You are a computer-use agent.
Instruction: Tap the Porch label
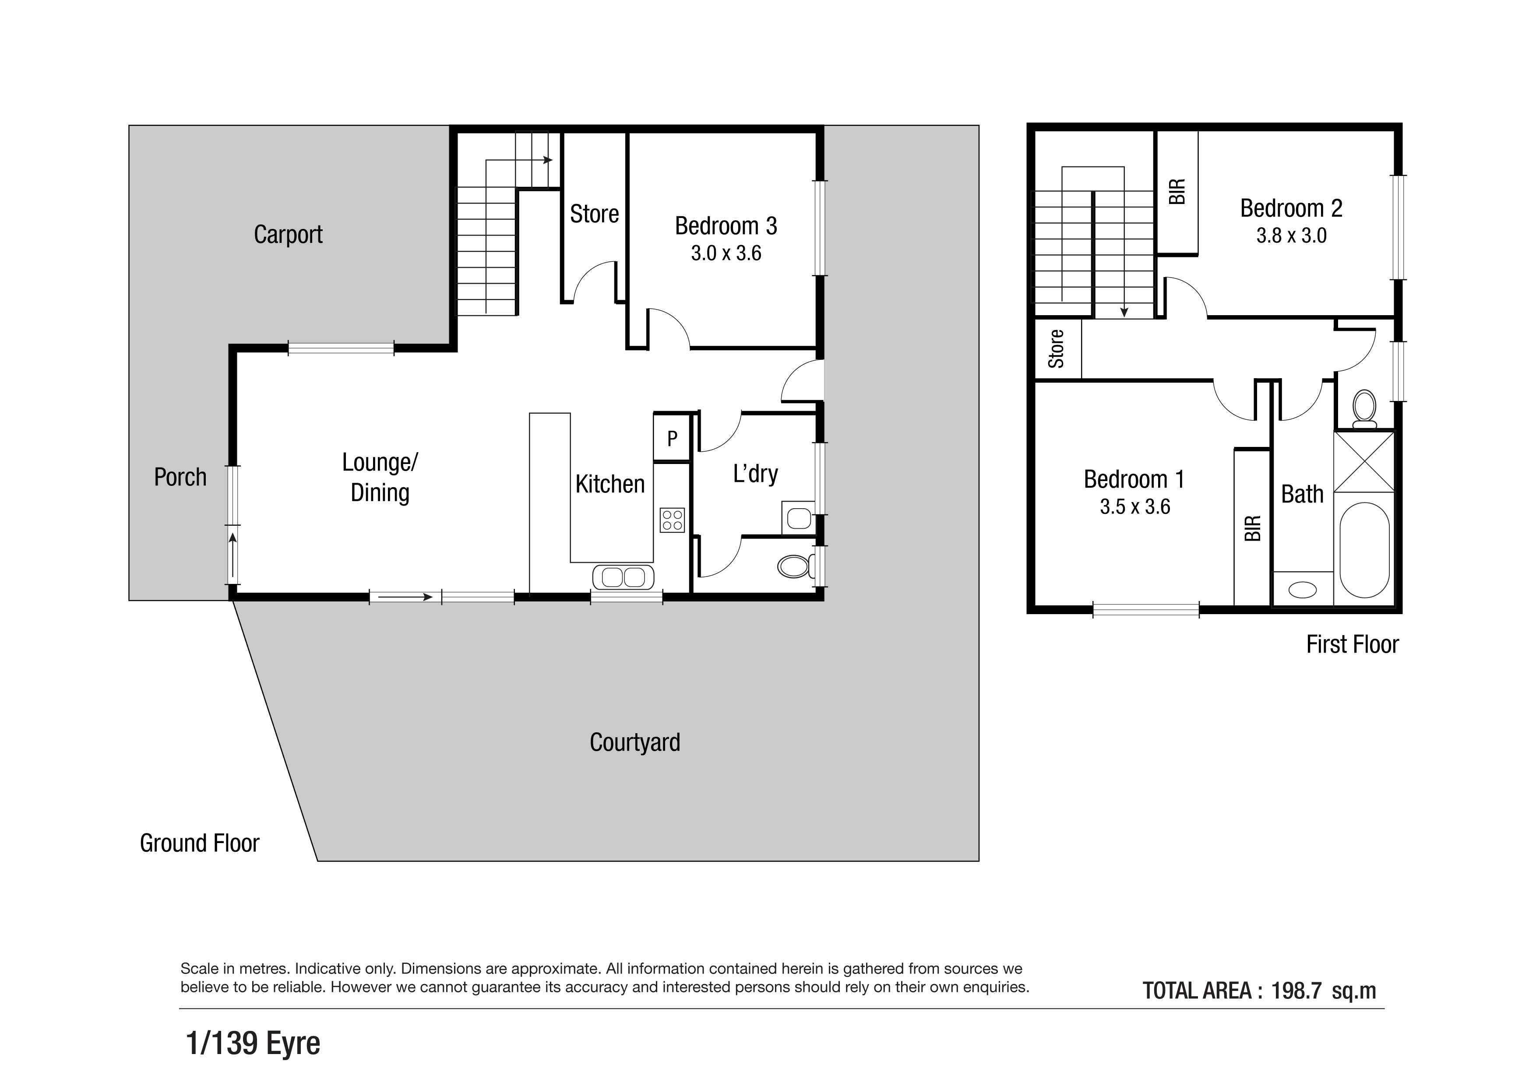point(180,477)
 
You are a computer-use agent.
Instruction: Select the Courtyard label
point(635,742)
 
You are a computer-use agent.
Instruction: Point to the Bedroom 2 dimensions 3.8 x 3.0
point(1291,236)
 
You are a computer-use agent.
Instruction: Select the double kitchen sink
point(623,577)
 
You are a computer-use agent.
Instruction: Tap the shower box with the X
point(1364,462)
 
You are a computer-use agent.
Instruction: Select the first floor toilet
point(1364,409)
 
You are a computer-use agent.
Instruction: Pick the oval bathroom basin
point(1302,590)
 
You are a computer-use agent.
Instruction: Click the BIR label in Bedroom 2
point(1177,192)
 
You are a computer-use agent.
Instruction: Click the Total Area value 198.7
point(1296,991)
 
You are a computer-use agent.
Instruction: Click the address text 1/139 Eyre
point(254,1043)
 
